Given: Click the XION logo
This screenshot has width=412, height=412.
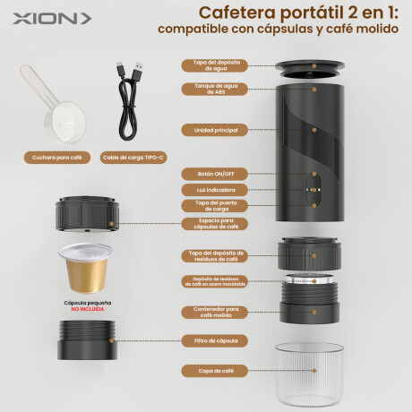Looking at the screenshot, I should tap(45, 18).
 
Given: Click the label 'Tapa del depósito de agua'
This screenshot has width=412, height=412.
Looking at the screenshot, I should tap(215, 65).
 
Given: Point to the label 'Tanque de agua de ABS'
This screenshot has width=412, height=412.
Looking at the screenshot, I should tap(215, 87).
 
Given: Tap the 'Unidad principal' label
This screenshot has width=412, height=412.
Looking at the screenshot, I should tap(215, 129).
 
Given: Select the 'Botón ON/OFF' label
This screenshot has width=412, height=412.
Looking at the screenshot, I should tap(215, 173).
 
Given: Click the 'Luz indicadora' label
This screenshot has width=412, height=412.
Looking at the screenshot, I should tap(215, 189).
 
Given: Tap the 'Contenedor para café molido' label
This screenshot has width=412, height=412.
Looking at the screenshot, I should tap(215, 311).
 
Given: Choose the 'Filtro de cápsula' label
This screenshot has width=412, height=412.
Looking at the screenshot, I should tap(215, 340).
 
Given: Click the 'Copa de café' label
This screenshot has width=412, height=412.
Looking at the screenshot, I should tap(215, 369).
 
